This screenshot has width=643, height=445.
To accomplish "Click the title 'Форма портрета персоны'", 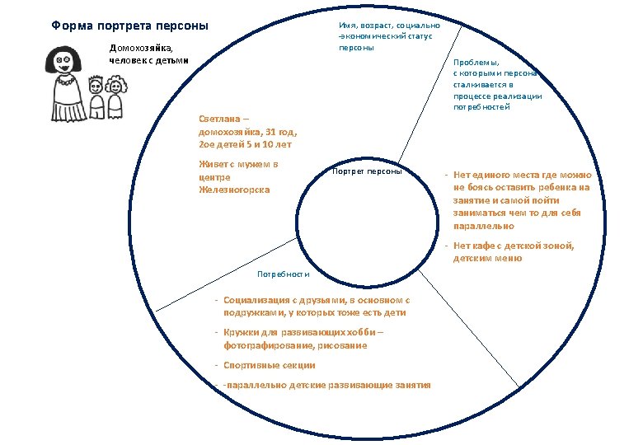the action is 129,26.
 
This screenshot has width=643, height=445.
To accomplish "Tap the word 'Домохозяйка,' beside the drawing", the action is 142,47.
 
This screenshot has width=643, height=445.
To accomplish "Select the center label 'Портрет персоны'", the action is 367,171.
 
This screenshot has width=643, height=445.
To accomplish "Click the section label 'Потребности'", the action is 283,274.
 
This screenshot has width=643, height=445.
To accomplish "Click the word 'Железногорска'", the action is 234,190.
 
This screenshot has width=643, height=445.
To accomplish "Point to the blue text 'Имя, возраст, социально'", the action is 388,26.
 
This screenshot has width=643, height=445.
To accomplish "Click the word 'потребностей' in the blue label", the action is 481,107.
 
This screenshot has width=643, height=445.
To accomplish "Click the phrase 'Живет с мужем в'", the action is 238,164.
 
